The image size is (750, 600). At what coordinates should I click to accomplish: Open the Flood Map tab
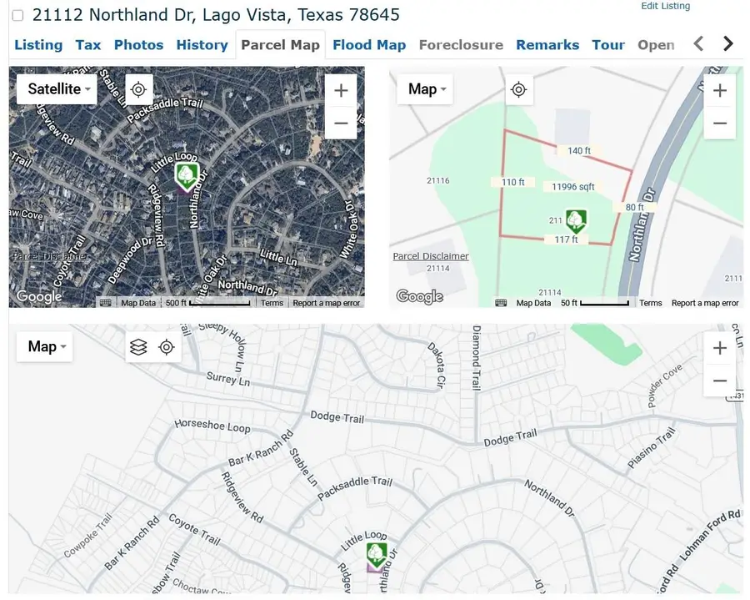coord(368,45)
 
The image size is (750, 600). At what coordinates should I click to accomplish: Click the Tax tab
coord(88,45)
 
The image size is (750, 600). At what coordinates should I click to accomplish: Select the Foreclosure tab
coord(461,45)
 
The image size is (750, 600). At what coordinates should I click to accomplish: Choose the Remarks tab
coord(547,45)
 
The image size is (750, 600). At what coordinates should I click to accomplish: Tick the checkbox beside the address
coord(17,16)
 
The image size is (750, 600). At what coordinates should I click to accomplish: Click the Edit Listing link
coord(665,6)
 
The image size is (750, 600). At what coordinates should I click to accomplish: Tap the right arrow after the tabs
coord(728,44)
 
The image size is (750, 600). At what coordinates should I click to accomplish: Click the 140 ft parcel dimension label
coord(579,151)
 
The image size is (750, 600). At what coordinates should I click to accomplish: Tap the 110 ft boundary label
coord(513,182)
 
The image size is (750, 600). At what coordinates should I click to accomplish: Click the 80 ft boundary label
coord(635,207)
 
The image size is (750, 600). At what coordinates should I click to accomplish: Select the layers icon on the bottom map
coord(139,347)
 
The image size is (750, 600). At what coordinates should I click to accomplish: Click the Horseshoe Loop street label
coord(212,426)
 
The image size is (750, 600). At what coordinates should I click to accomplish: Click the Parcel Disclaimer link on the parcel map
coord(431,256)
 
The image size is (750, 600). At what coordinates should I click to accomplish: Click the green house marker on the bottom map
coord(377,554)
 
